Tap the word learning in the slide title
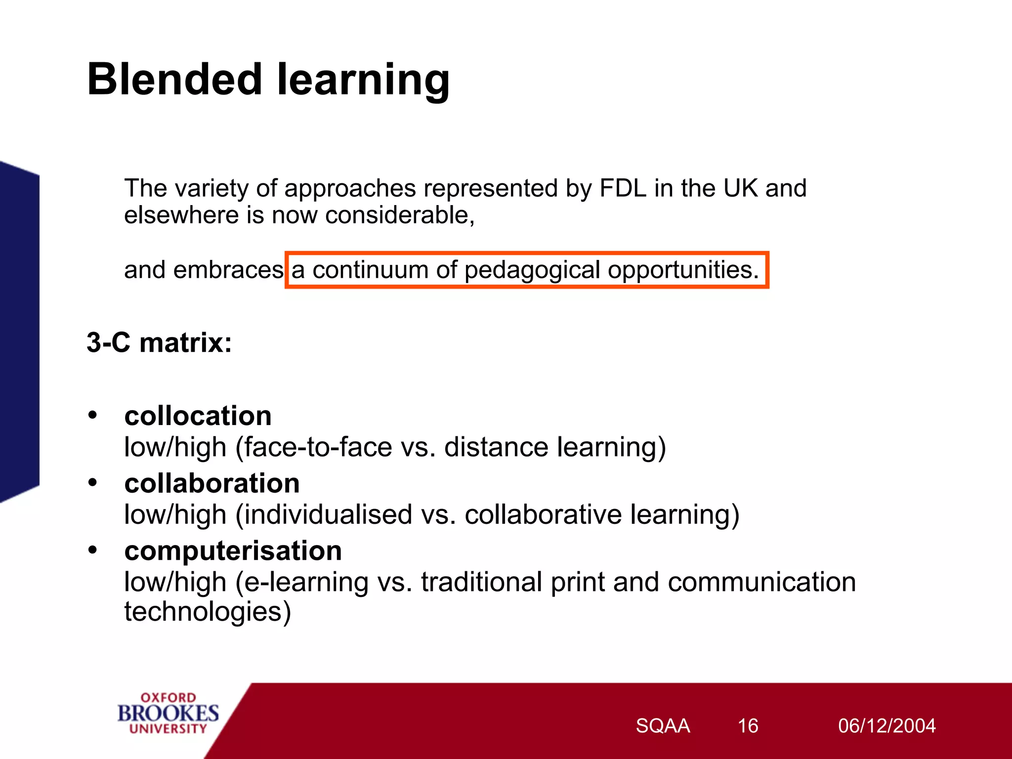click(x=363, y=80)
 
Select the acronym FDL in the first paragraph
click(x=623, y=188)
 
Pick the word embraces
click(x=228, y=270)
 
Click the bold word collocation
click(x=198, y=416)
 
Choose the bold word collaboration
click(x=212, y=483)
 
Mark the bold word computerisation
click(x=233, y=550)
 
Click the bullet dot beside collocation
click(x=92, y=415)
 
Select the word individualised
click(x=328, y=515)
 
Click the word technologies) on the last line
click(x=208, y=612)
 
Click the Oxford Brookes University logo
click(x=168, y=713)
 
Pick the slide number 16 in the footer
click(x=748, y=726)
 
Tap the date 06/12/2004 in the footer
click(x=886, y=726)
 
